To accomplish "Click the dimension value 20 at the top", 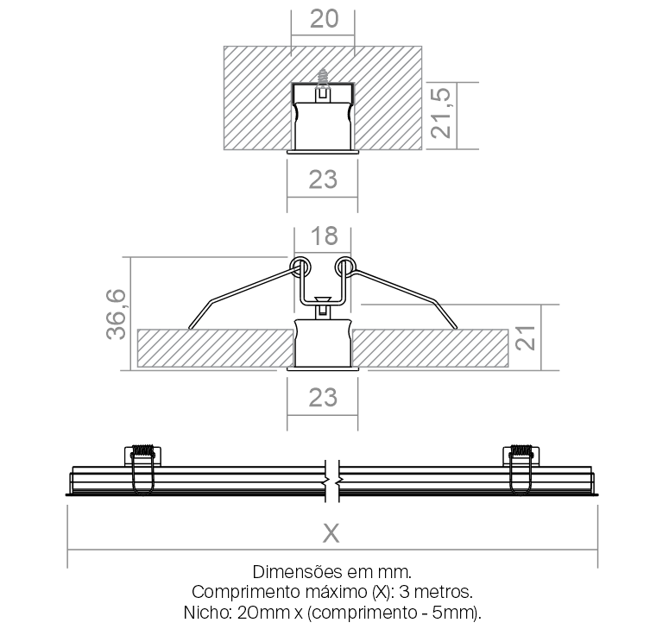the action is (324, 19).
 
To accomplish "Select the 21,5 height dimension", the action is (440, 113).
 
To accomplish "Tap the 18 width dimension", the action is (325, 236).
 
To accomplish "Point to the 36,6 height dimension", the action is (116, 314).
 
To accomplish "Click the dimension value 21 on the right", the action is (525, 337).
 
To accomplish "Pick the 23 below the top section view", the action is (323, 179).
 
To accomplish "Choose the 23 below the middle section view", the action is (323, 398).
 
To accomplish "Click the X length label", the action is (331, 533).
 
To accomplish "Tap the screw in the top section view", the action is (323, 81).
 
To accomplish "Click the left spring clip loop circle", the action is (300, 267).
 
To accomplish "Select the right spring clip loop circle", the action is (345, 267).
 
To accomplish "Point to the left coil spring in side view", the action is (143, 450).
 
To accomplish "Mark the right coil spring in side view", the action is (521, 450).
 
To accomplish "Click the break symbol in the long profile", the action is (332, 481).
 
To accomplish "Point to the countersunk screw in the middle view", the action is (323, 307).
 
